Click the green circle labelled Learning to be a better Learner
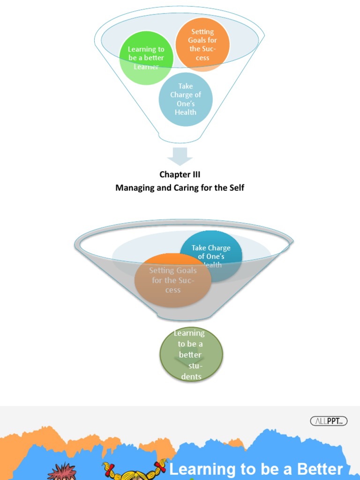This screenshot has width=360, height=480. [146, 58]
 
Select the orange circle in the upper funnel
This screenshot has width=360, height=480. [202, 45]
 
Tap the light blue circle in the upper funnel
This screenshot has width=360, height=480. [186, 99]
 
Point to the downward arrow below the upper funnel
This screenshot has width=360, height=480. [180, 156]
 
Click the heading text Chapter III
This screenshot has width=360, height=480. [180, 174]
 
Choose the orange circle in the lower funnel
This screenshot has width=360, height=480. [172, 280]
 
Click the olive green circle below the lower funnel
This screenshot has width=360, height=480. [191, 355]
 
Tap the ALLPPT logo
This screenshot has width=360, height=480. [329, 421]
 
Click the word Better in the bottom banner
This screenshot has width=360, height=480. [321, 469]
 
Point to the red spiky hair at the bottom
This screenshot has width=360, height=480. [62, 472]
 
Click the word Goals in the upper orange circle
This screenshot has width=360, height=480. [202, 40]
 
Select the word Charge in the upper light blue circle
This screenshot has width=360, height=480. [186, 95]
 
